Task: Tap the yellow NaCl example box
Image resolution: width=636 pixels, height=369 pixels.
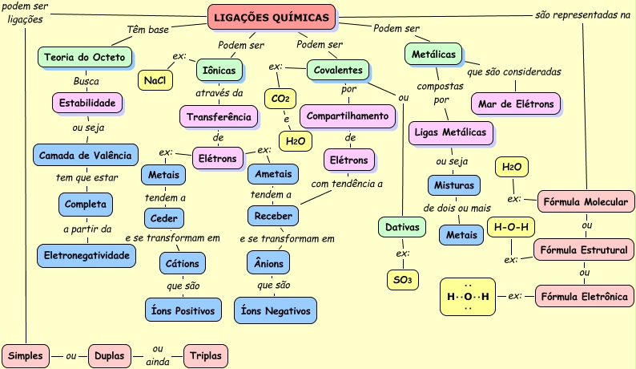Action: (155, 80)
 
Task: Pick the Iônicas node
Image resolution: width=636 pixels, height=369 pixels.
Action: (219, 71)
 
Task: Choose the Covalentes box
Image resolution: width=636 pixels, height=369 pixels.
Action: (338, 71)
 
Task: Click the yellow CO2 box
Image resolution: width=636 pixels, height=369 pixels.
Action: (280, 98)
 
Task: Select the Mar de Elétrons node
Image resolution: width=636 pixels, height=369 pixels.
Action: (516, 104)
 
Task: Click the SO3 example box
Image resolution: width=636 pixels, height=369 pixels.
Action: (401, 279)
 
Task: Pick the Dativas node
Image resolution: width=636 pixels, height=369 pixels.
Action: (402, 228)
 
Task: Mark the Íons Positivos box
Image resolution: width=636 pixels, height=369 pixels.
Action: (183, 309)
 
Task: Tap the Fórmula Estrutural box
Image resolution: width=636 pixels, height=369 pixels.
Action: (584, 250)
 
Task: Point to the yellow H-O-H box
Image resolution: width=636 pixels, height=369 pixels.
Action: (511, 227)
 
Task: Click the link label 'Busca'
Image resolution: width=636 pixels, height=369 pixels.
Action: (86, 81)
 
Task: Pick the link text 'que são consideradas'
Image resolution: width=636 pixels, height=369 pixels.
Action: (513, 71)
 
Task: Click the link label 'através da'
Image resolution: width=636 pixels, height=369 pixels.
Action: (219, 92)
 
